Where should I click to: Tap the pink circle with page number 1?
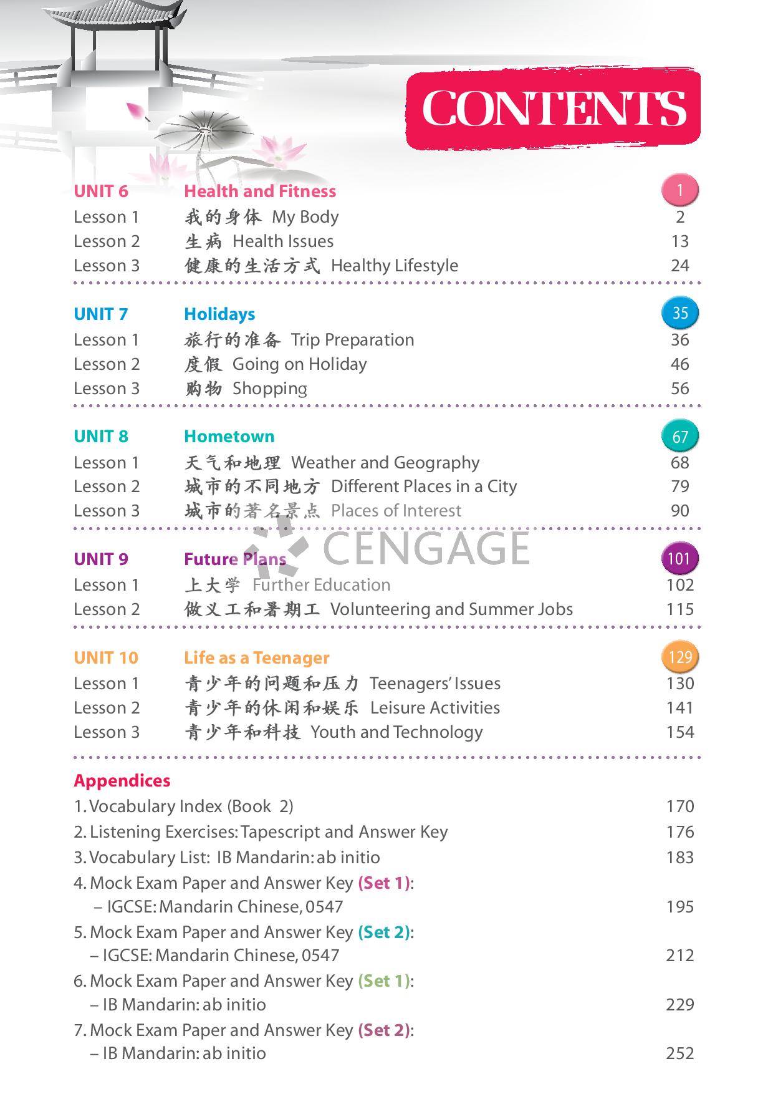point(680,190)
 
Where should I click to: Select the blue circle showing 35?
point(680,312)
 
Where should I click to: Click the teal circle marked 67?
point(680,435)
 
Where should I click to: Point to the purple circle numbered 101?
point(679,558)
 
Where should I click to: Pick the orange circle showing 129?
point(680,657)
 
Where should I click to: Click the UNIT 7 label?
point(100,314)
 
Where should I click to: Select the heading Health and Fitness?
point(260,191)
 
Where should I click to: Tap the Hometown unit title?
point(229,437)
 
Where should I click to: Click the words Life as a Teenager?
point(257,658)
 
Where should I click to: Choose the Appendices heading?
point(122,781)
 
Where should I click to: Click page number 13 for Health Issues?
point(680,241)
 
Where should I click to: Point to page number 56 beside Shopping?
point(680,389)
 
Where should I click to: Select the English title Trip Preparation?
point(353,340)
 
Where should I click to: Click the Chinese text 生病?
point(203,241)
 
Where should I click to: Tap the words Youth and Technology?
point(397,732)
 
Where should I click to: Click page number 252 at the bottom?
point(680,1053)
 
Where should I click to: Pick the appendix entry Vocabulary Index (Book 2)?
point(184,806)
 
